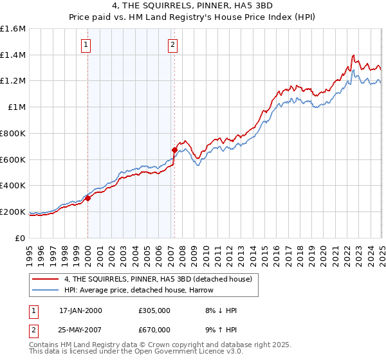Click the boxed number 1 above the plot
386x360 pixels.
click(x=86, y=44)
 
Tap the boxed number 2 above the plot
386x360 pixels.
click(x=173, y=44)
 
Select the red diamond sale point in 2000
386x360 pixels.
click(x=88, y=198)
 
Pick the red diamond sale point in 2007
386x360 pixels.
click(x=174, y=150)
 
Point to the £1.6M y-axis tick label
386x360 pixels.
click(x=12, y=29)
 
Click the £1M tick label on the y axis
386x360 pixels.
click(x=16, y=107)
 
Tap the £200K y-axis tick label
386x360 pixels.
click(x=12, y=212)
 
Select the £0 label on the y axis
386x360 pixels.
click(x=20, y=238)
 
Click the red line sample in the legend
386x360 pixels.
click(x=45, y=278)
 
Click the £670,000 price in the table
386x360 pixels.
click(x=154, y=330)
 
